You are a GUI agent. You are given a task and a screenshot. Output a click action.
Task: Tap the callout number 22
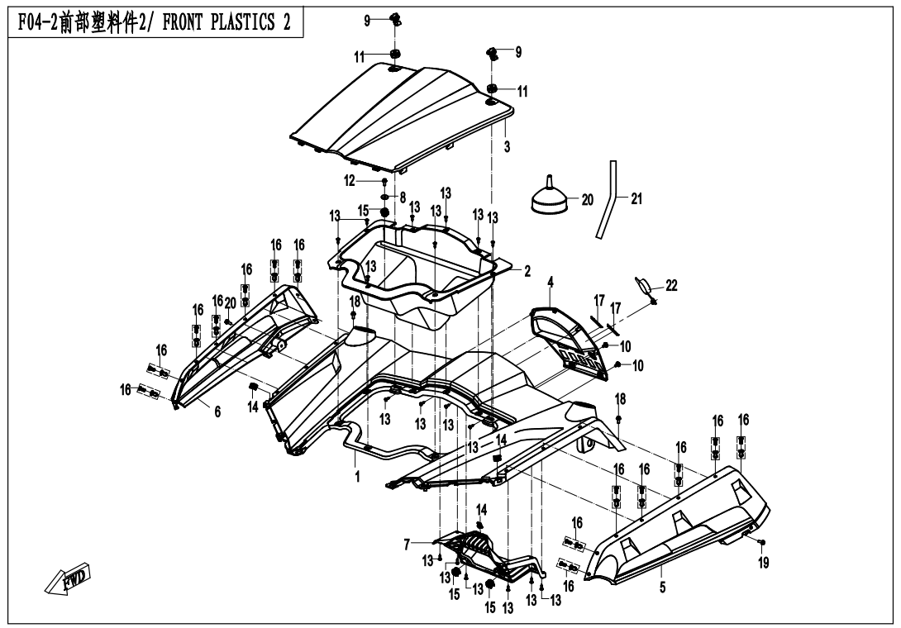pos(671,285)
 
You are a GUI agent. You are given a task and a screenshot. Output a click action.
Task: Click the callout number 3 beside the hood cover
pos(507,146)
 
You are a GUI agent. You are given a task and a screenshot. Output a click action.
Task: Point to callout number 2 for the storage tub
pos(527,270)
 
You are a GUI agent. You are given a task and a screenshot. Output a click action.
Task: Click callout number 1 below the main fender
pos(358,477)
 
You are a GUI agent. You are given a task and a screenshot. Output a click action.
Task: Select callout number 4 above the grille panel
pos(551,282)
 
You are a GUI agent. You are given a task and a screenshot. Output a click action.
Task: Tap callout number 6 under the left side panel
pos(217,411)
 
